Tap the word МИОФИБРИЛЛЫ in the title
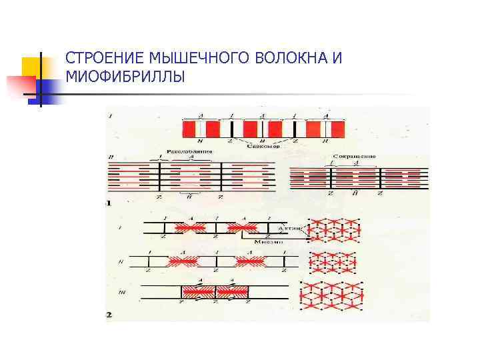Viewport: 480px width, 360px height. pyautogui.click(x=122, y=78)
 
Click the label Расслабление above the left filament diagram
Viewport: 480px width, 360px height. pyautogui.click(x=191, y=152)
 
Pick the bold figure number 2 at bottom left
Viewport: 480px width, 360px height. pyautogui.click(x=109, y=313)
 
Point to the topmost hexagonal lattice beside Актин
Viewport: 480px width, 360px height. pyautogui.click(x=334, y=229)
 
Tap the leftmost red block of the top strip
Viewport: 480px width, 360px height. pyautogui.click(x=191, y=129)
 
